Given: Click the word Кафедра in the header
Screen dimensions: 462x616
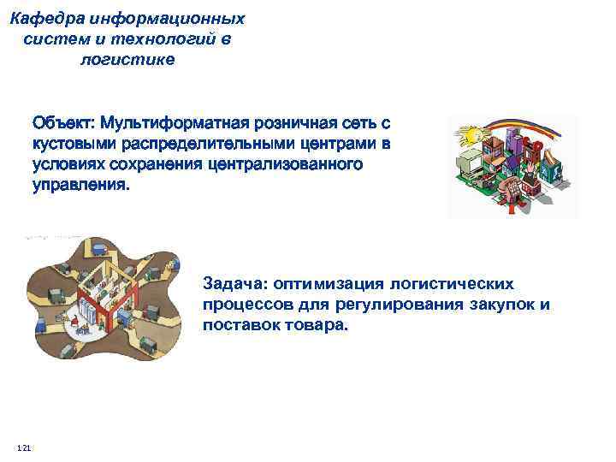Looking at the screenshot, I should (50, 18).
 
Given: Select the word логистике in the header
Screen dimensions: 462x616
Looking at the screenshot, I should (127, 59).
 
